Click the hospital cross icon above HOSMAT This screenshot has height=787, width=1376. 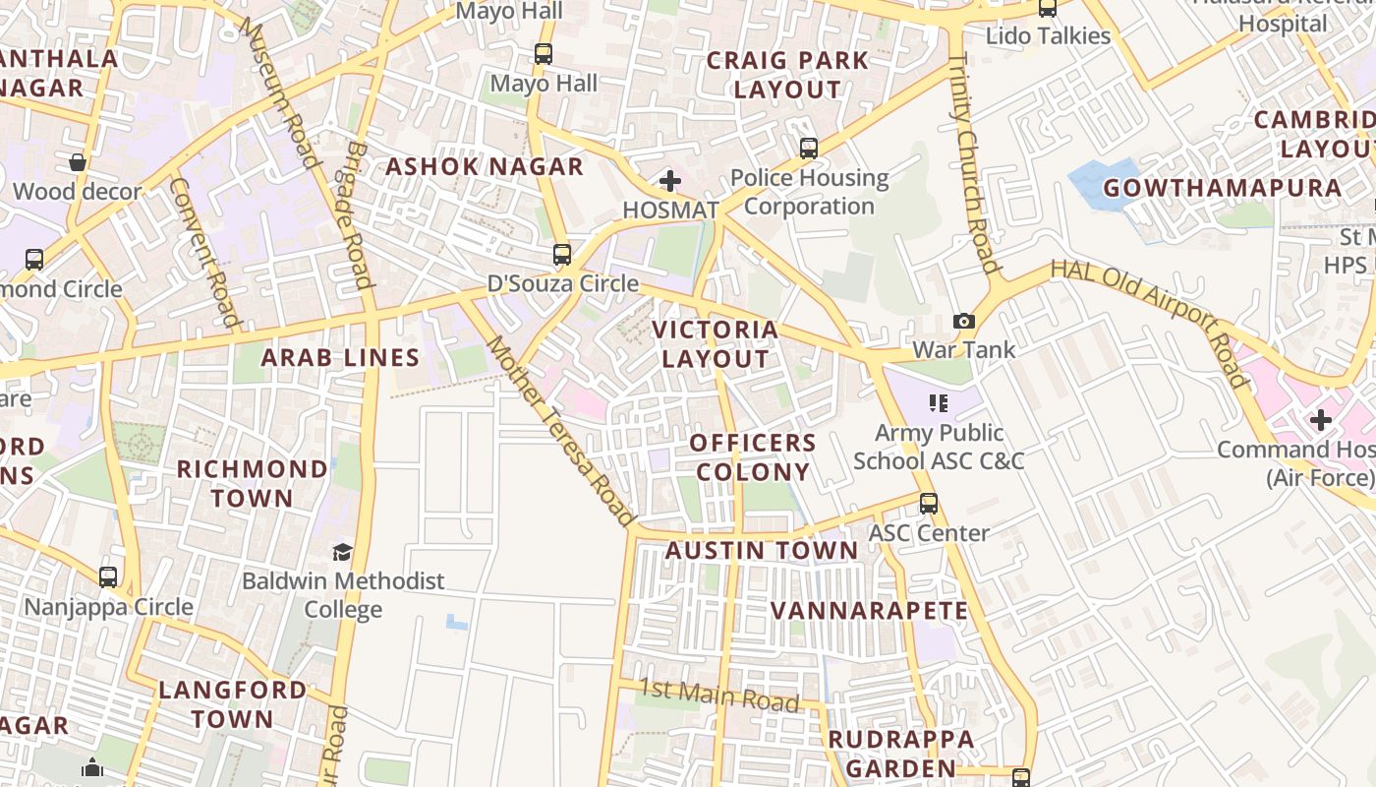pyautogui.click(x=670, y=181)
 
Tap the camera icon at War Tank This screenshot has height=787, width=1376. pyautogui.click(x=964, y=321)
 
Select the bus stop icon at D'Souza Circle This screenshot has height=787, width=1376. pyautogui.click(x=562, y=255)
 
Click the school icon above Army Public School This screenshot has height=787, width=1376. pyautogui.click(x=939, y=403)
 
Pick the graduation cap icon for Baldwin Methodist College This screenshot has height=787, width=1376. pyautogui.click(x=342, y=553)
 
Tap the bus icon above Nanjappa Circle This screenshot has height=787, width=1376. pyautogui.click(x=108, y=577)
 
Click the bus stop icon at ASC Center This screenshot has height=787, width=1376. pyautogui.click(x=929, y=504)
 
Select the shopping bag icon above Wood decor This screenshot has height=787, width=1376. pyautogui.click(x=78, y=162)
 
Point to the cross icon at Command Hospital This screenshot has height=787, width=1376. pyautogui.click(x=1321, y=421)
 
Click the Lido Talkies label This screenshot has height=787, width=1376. pyautogui.click(x=1048, y=36)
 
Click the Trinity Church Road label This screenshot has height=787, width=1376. pyautogui.click(x=973, y=162)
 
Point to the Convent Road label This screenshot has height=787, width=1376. pyautogui.click(x=204, y=252)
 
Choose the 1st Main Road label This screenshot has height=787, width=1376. pyautogui.click(x=718, y=695)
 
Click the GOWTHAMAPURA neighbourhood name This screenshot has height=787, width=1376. pyautogui.click(x=1222, y=188)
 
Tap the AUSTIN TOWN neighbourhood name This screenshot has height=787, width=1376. pyautogui.click(x=762, y=551)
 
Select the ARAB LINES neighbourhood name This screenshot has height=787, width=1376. pyautogui.click(x=340, y=358)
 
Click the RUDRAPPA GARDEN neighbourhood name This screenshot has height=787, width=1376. pyautogui.click(x=901, y=754)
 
